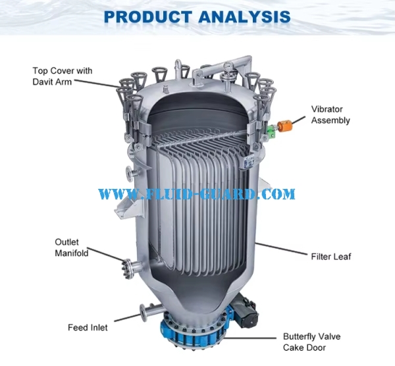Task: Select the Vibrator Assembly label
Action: click(330, 115)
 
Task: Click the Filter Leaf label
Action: click(330, 256)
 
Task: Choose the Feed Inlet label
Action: click(88, 327)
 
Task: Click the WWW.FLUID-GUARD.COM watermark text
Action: click(197, 194)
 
